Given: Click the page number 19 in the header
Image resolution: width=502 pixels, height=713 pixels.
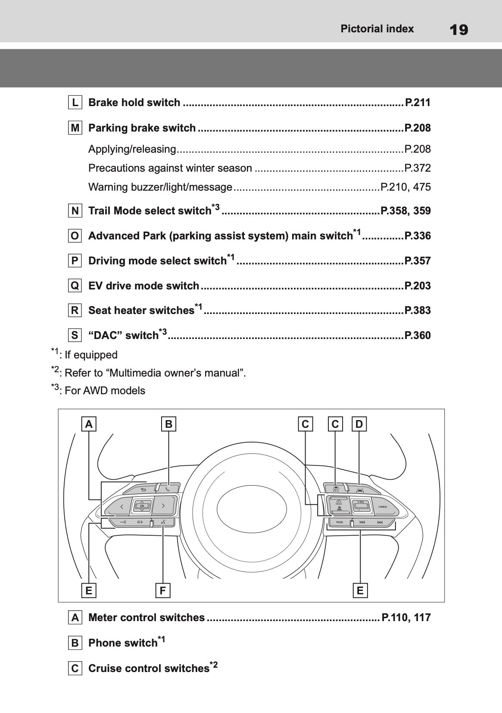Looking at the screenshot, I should click(x=458, y=30).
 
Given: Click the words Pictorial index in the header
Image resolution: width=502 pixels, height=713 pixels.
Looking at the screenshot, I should click(x=377, y=29).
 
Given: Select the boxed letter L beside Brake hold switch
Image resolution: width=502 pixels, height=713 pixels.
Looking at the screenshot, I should click(x=75, y=103).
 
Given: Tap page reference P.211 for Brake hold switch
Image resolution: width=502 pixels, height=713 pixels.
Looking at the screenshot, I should click(x=418, y=103).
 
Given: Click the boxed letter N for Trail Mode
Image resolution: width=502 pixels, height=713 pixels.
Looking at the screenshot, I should click(x=75, y=211).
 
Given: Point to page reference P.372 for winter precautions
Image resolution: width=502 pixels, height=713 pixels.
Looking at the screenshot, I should click(x=417, y=168).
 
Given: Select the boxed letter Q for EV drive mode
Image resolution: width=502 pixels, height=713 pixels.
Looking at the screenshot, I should click(x=75, y=286).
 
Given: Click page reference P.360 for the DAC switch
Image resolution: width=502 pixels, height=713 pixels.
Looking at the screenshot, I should click(x=417, y=336).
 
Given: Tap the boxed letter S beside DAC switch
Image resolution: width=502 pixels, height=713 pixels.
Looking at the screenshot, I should click(x=75, y=336).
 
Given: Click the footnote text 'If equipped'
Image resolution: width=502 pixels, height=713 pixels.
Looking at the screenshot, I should click(x=90, y=355).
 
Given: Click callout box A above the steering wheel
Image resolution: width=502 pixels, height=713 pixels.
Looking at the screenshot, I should click(x=89, y=424).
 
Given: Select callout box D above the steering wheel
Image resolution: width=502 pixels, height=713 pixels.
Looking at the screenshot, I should click(x=359, y=424).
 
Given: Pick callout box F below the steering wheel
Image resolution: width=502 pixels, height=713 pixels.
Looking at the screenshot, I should click(x=162, y=590).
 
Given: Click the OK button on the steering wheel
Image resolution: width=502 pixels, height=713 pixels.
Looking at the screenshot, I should click(x=142, y=506).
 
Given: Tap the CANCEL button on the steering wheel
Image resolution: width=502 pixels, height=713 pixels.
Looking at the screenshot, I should click(x=383, y=507).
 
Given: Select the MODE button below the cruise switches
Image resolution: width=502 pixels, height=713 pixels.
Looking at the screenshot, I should click(x=340, y=522).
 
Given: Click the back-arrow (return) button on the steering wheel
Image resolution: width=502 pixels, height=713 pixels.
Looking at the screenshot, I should click(x=143, y=490).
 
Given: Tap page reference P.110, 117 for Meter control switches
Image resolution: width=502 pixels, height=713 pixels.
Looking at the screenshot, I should click(x=406, y=618).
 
